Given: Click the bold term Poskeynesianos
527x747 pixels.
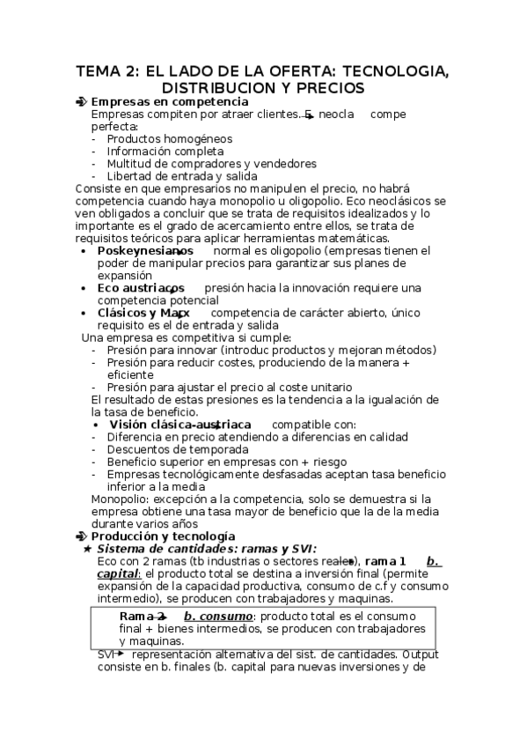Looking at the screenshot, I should (145, 251).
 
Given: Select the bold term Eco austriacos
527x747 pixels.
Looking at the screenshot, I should (141, 288).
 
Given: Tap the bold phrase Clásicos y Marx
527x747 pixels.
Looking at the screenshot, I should (143, 313).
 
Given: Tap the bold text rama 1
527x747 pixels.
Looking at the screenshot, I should (385, 561).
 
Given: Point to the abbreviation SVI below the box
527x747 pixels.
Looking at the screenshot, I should (106, 655).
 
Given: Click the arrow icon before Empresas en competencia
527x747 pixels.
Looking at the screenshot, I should (82, 102).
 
